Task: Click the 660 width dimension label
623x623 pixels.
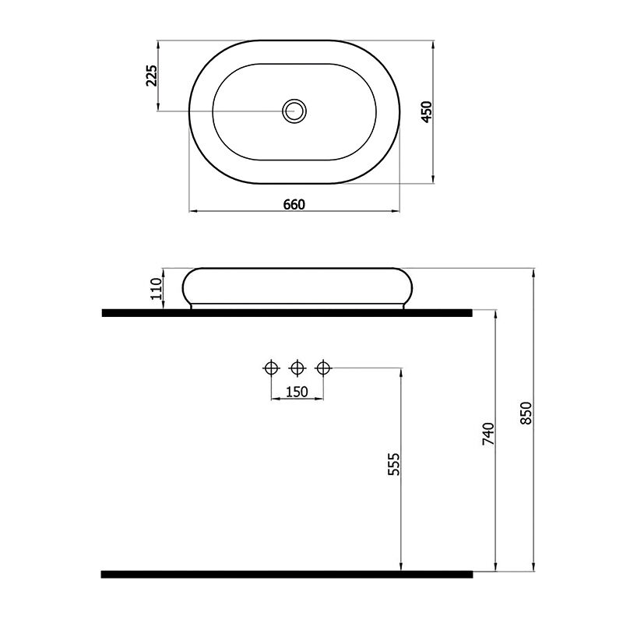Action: [294, 204]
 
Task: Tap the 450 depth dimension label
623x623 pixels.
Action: [426, 111]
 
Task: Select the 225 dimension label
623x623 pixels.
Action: [151, 75]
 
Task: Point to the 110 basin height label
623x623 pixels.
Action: [157, 288]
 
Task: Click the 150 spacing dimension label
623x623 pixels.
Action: [297, 392]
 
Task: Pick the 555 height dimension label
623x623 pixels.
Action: [394, 463]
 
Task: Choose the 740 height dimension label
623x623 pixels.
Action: [488, 434]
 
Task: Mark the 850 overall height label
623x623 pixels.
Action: [526, 413]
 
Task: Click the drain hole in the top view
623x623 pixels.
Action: [294, 111]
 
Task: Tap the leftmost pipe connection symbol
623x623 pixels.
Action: [271, 368]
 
